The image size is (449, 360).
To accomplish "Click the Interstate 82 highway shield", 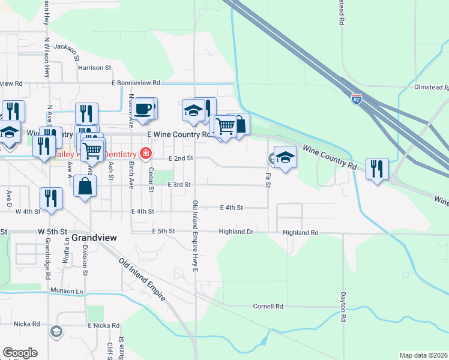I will tap(357, 97).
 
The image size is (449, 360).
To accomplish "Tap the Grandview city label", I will tap(89, 238).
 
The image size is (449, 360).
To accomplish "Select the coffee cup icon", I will tap(142, 109).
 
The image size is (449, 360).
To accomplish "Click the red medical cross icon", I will tap(145, 154).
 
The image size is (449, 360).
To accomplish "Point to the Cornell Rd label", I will tap(268, 306).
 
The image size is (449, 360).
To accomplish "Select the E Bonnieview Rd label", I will tap(136, 82).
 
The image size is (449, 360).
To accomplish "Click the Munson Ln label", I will tap(66, 291).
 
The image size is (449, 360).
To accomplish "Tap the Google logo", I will tap(20, 353).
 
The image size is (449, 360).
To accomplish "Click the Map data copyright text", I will tap(423, 355).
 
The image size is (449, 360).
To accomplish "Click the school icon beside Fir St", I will tap(285, 157).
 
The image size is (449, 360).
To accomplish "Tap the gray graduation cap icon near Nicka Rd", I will tap(56, 331).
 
